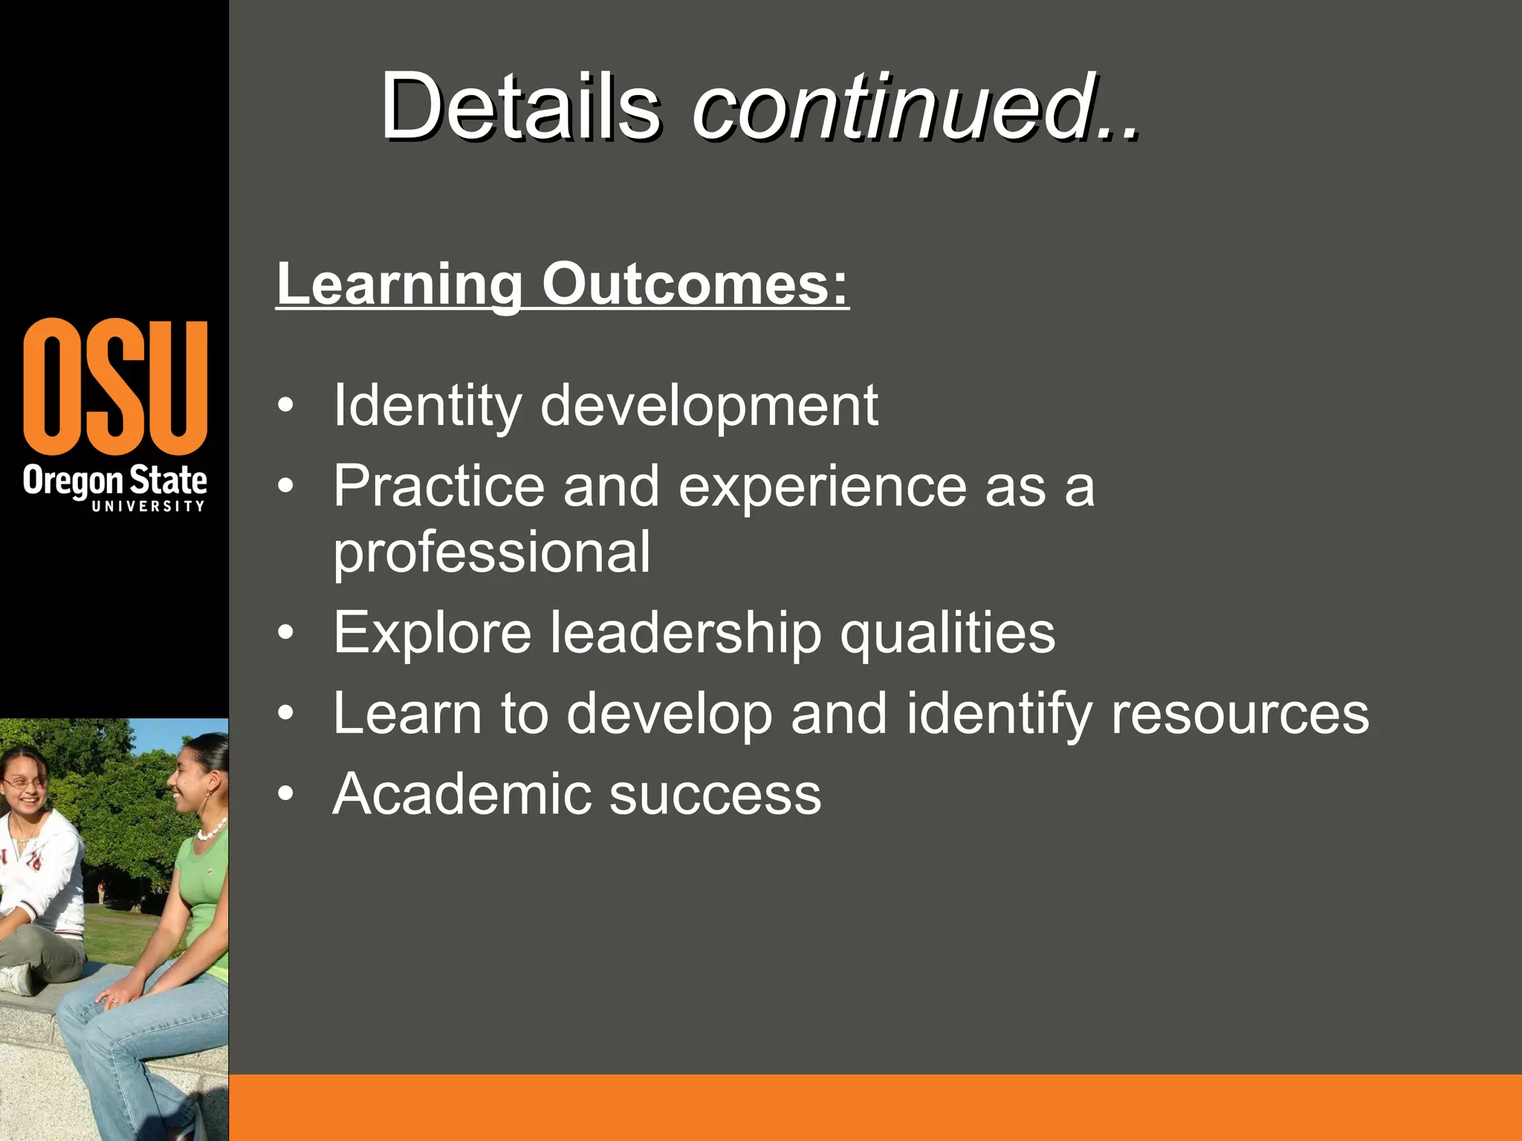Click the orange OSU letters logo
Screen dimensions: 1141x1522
pyautogui.click(x=115, y=386)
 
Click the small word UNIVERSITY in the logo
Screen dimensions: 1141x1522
pyautogui.click(x=148, y=507)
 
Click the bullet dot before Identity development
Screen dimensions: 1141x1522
pyautogui.click(x=285, y=406)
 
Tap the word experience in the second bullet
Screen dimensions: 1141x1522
pyautogui.click(x=823, y=487)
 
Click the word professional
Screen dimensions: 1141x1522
pyautogui.click(x=491, y=553)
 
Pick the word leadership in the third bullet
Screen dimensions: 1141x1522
pyautogui.click(x=685, y=633)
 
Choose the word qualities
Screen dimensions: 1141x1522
pyautogui.click(x=948, y=633)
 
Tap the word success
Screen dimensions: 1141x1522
pyautogui.click(x=715, y=794)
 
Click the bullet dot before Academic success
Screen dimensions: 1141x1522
pyautogui.click(x=285, y=794)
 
